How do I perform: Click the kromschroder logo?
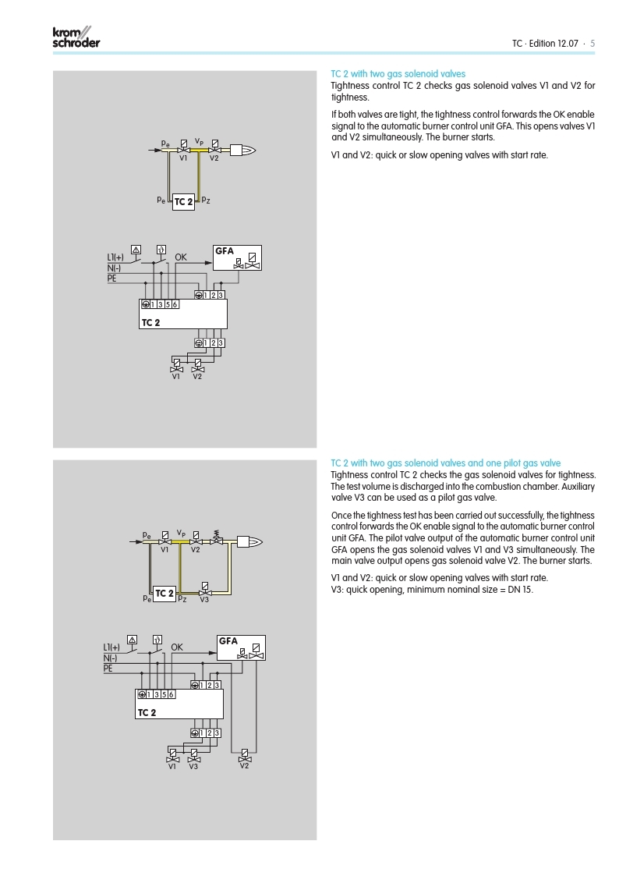[x=76, y=37]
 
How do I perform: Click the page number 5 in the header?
[x=592, y=44]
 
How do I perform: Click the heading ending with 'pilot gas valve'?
[x=445, y=463]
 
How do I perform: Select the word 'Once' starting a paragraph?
[x=342, y=515]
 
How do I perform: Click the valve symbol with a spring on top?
[x=217, y=538]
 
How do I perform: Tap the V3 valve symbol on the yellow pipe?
[x=204, y=591]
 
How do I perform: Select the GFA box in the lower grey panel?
[x=241, y=647]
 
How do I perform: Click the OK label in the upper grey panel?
[x=181, y=257]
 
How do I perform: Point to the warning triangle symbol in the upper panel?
[x=136, y=250]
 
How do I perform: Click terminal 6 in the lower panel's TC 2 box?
[x=172, y=694]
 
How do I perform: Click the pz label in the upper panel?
[x=206, y=200]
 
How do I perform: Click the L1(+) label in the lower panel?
[x=111, y=647]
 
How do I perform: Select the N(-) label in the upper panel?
[x=114, y=268]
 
